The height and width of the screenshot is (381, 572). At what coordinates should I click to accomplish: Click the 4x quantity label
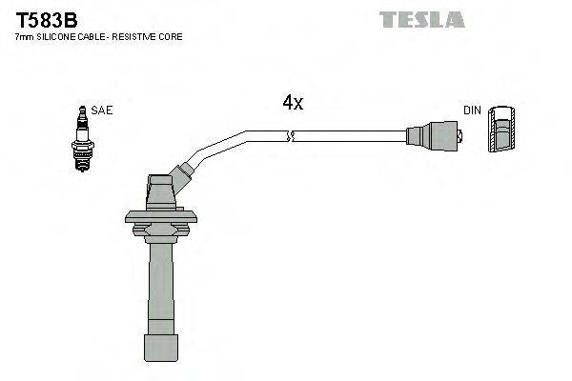click(x=293, y=103)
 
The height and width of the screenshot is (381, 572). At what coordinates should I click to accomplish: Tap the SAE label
click(x=103, y=110)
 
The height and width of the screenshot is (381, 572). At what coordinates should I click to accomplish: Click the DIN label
click(x=472, y=110)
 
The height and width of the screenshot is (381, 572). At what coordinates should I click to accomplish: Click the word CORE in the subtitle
click(x=173, y=37)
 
